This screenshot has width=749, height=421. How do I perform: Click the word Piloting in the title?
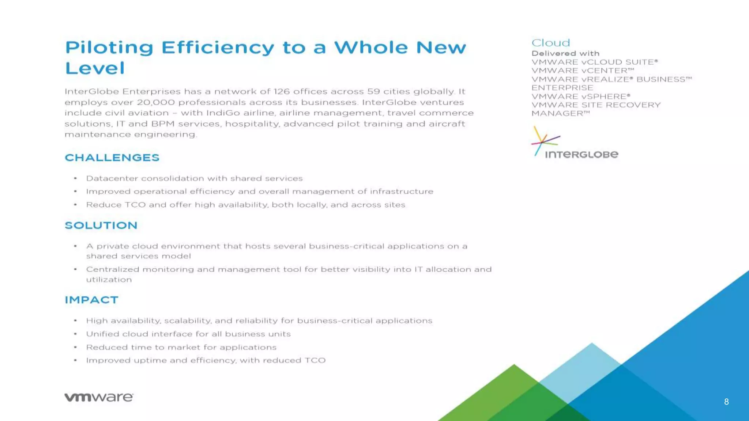109,48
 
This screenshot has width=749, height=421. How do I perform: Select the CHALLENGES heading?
112,158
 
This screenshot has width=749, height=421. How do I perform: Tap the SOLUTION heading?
101,225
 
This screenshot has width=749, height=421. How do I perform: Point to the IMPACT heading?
91,300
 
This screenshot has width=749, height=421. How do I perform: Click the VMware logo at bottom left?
99,397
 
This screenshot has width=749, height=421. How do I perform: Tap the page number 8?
726,402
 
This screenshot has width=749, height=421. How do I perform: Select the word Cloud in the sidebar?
550,43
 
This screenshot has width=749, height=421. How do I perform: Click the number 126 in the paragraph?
281,91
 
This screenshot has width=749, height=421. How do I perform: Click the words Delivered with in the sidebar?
565,53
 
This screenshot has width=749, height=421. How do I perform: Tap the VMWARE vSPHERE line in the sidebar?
580,96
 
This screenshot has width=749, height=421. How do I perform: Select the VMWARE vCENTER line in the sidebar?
582,71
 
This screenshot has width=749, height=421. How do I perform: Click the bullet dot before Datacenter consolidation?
75,178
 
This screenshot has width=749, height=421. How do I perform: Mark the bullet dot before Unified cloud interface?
75,334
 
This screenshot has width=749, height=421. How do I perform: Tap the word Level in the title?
95,68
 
